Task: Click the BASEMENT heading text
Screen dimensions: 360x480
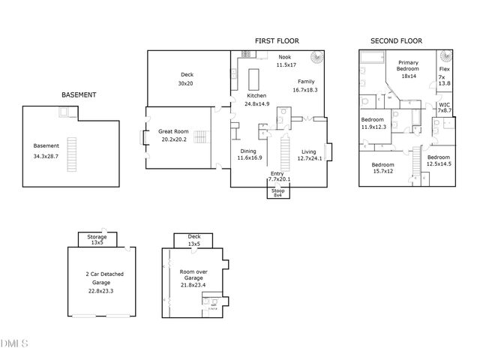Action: click(79, 95)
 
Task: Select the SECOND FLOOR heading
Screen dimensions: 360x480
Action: click(397, 41)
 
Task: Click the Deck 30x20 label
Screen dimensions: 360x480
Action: click(187, 79)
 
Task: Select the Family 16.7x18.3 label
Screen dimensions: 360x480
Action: click(305, 85)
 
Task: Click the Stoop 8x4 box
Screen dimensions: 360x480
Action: click(277, 192)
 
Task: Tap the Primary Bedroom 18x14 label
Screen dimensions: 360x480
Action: click(408, 69)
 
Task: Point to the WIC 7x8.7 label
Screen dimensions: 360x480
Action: click(444, 107)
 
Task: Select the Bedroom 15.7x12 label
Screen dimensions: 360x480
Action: click(382, 167)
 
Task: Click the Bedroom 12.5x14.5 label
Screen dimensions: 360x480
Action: click(439, 160)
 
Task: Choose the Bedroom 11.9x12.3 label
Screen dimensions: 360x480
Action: click(373, 124)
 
